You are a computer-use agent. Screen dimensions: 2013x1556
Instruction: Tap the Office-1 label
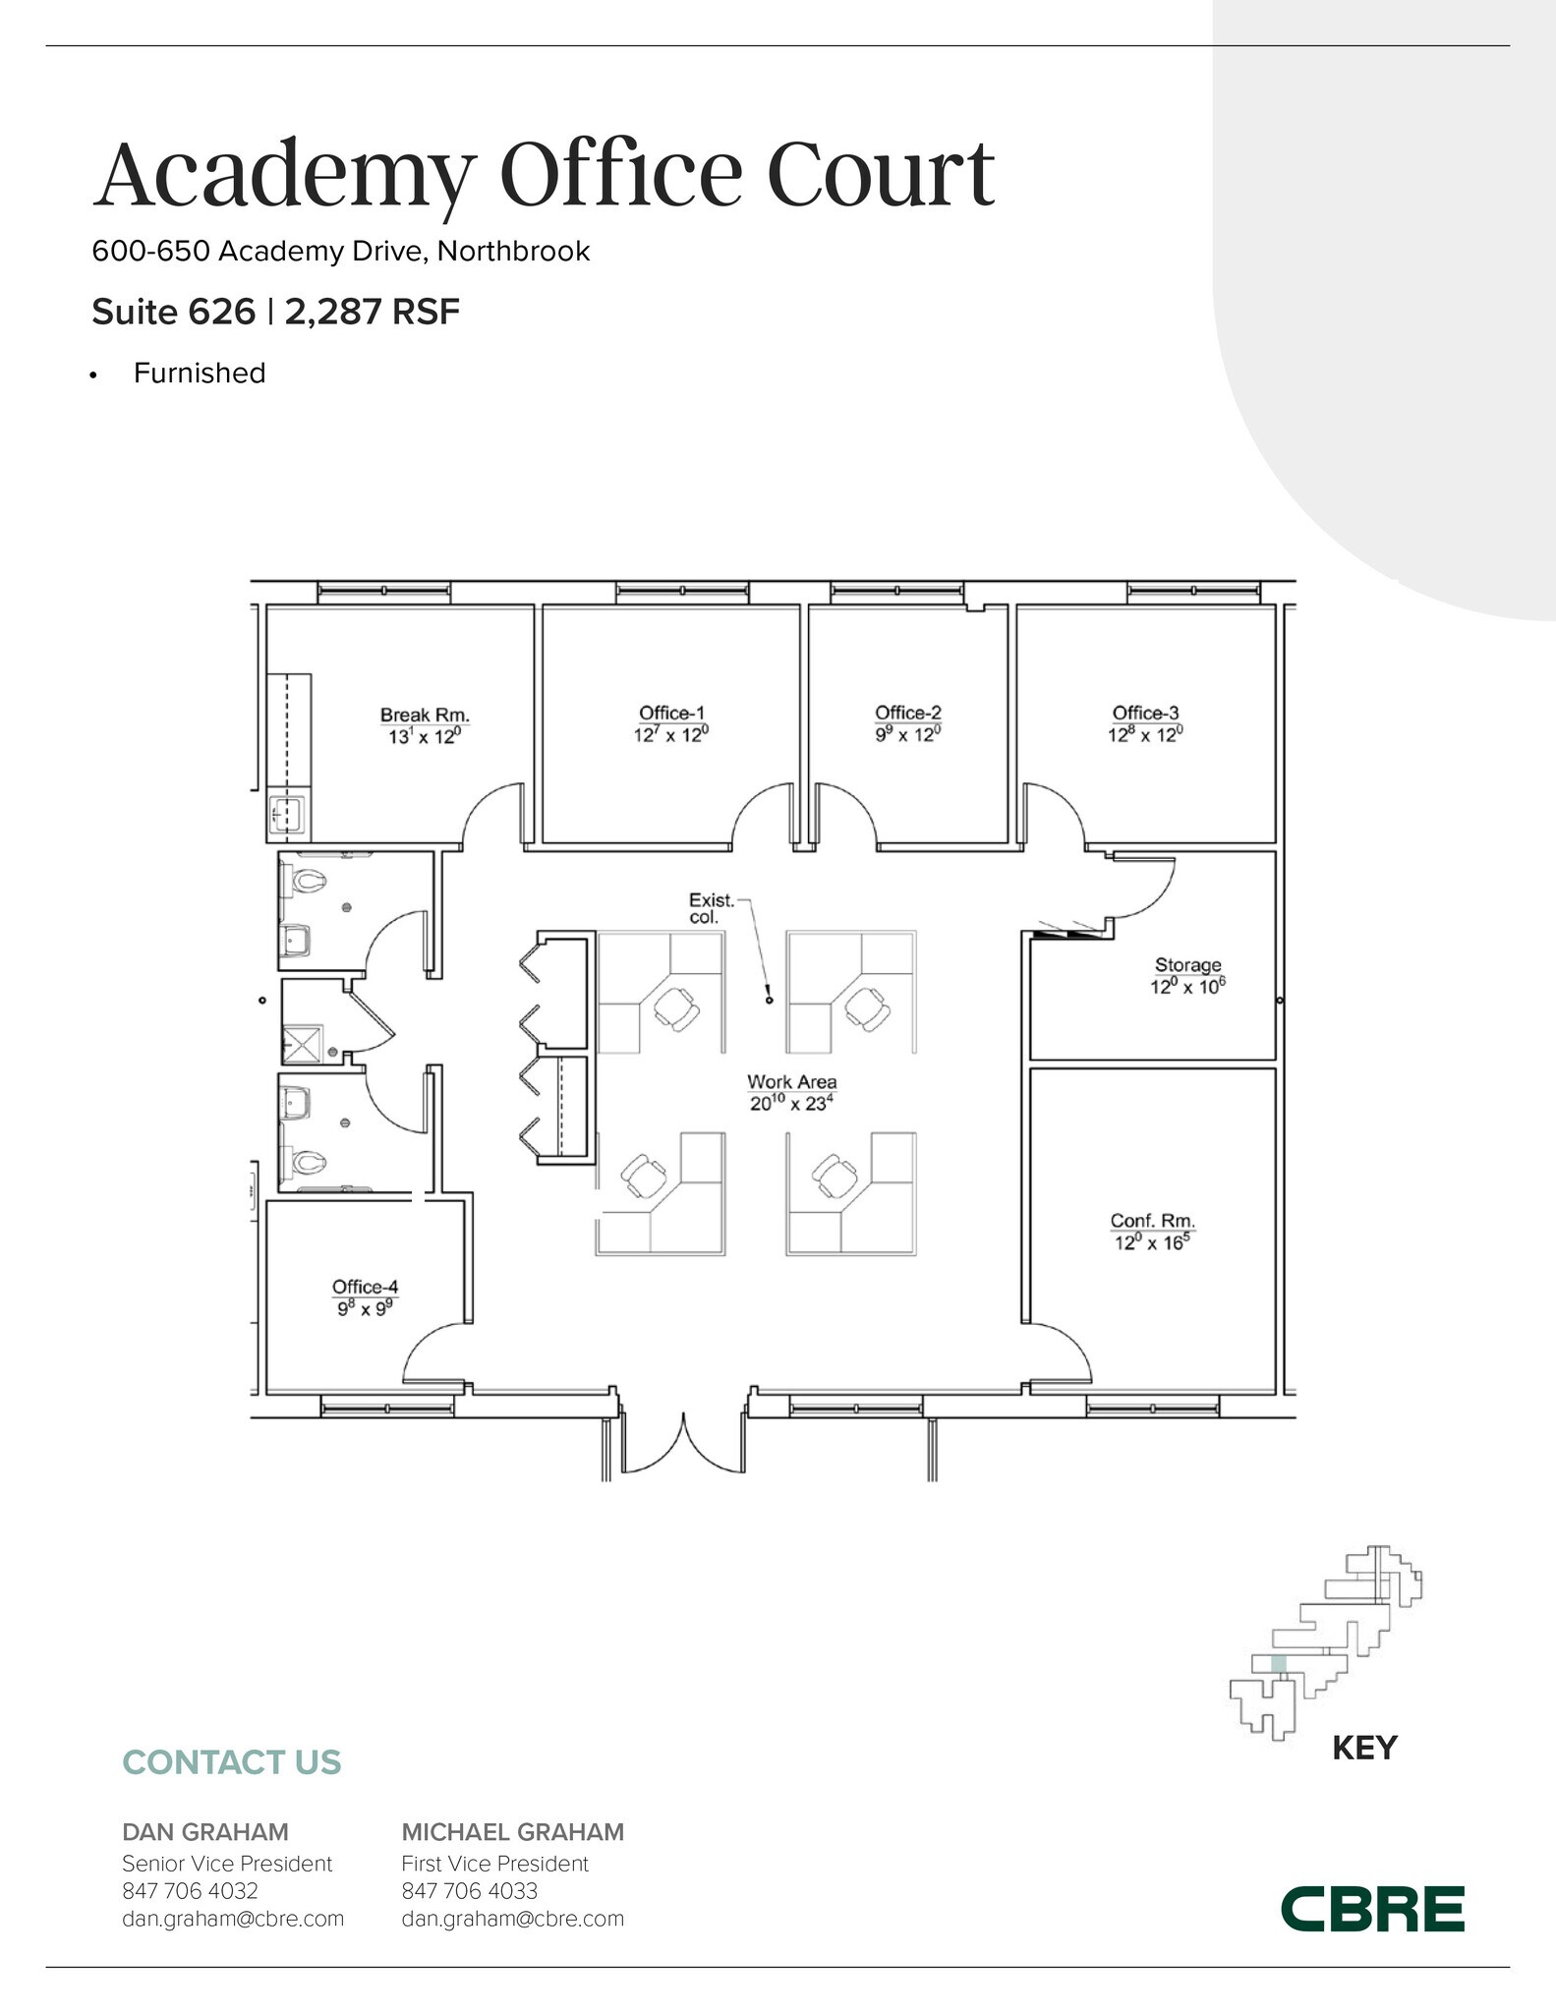pos(671,713)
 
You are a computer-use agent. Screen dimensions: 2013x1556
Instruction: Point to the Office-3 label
pos(1145,713)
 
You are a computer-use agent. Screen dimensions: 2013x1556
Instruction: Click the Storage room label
pos(1187,965)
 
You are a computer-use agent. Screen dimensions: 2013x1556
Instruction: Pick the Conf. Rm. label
pos(1152,1221)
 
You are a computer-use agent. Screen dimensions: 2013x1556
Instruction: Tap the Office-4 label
pos(365,1287)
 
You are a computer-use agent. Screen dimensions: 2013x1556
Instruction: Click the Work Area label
pos(791,1082)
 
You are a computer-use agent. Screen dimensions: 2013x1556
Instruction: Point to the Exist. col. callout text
pos(711,908)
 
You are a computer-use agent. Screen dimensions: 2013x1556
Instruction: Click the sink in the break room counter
pos(288,814)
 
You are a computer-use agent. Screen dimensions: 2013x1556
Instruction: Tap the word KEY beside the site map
pos(1363,1748)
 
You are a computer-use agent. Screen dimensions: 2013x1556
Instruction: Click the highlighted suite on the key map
pos(1278,1663)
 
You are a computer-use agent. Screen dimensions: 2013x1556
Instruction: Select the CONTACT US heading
pos(231,1762)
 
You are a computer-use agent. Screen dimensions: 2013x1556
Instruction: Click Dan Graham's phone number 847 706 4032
pos(190,1890)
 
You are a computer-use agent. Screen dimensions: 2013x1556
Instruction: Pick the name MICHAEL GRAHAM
pos(512,1832)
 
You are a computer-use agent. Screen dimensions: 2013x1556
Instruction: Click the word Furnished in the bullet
pos(200,374)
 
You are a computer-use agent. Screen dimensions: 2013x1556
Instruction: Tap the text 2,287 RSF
pos(372,313)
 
